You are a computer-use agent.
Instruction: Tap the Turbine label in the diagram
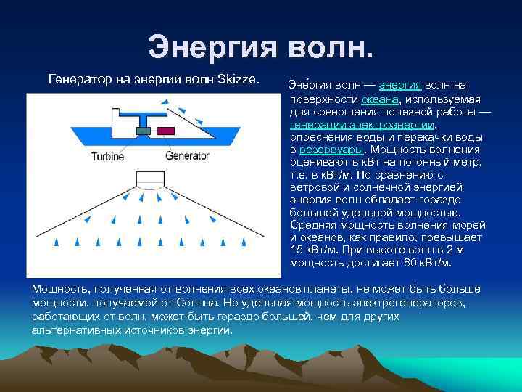pos(108,156)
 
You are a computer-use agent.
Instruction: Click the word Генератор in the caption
pos(79,76)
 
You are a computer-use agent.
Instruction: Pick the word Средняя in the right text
pos(311,224)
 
